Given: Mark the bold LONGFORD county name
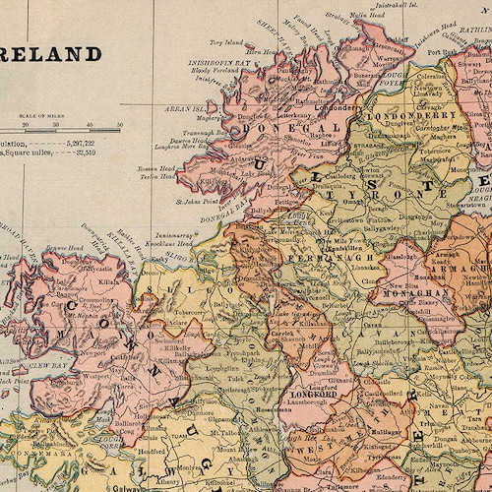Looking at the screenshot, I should [313, 394].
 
